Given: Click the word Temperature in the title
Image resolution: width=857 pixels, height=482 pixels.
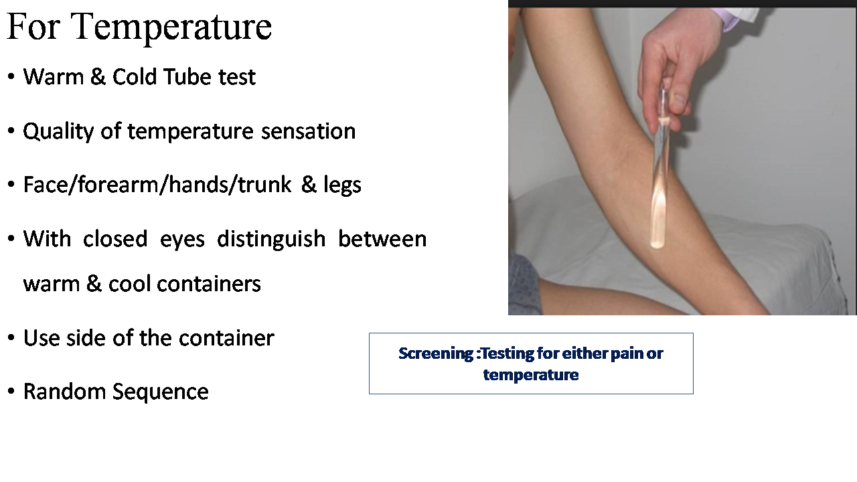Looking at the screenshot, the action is click(x=171, y=27).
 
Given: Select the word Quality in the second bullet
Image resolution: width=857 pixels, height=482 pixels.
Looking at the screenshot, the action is click(x=58, y=132).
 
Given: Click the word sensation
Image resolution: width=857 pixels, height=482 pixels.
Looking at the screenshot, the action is click(x=309, y=131).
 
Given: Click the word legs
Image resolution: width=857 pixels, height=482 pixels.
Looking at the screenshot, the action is click(x=342, y=185).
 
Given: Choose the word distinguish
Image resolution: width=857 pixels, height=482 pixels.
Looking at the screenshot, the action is click(x=271, y=239).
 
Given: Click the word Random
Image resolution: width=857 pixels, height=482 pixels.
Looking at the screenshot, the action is click(x=64, y=392).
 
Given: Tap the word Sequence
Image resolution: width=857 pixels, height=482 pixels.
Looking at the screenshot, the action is click(x=160, y=392).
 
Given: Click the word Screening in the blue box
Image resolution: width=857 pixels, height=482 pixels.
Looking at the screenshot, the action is click(x=436, y=353).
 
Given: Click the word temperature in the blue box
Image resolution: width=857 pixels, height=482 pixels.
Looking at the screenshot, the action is click(x=531, y=375).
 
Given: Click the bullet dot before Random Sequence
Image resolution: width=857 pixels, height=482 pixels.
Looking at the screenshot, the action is click(x=11, y=392).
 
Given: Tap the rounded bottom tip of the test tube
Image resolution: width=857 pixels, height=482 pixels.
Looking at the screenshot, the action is click(x=657, y=244).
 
